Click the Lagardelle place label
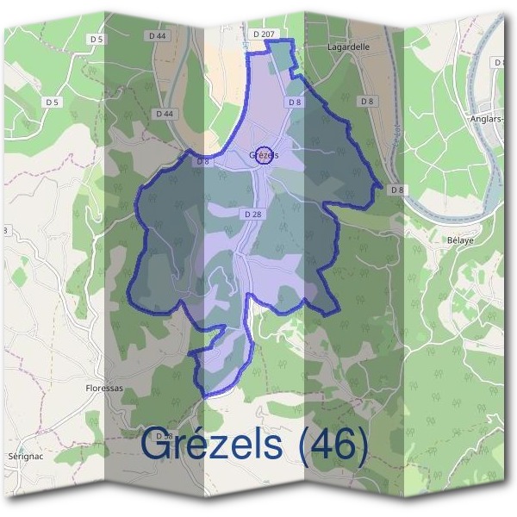pos(348,48)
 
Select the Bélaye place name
pos(461,240)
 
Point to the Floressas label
pos(105,388)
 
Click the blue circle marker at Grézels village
pos(265,154)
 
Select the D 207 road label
pos(264,34)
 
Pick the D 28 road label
pos(252,213)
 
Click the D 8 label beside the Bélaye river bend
pos(396,190)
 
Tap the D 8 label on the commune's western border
pos(202,161)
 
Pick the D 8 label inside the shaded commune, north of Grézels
pos(295,102)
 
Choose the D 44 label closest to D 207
pos(157,36)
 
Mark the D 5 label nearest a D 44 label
pos(97,40)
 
